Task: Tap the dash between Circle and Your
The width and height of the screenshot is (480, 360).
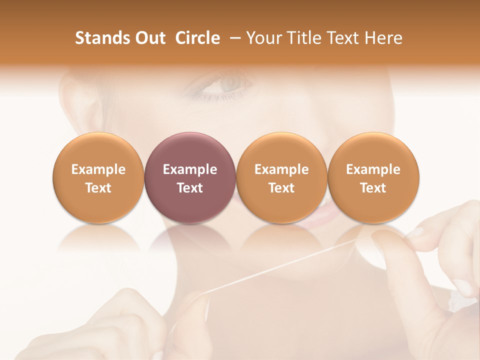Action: click(233, 38)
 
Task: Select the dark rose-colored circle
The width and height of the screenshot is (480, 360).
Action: click(189, 177)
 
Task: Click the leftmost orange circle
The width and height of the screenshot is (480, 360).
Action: click(98, 177)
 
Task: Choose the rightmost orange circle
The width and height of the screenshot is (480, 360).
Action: click(373, 177)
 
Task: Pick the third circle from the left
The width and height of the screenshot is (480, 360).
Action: click(281, 177)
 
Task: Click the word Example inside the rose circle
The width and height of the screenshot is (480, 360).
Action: click(189, 169)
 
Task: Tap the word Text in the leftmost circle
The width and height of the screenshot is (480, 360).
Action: click(98, 188)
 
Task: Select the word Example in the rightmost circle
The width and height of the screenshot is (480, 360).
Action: click(373, 169)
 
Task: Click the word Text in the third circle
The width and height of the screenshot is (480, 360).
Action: click(281, 188)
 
